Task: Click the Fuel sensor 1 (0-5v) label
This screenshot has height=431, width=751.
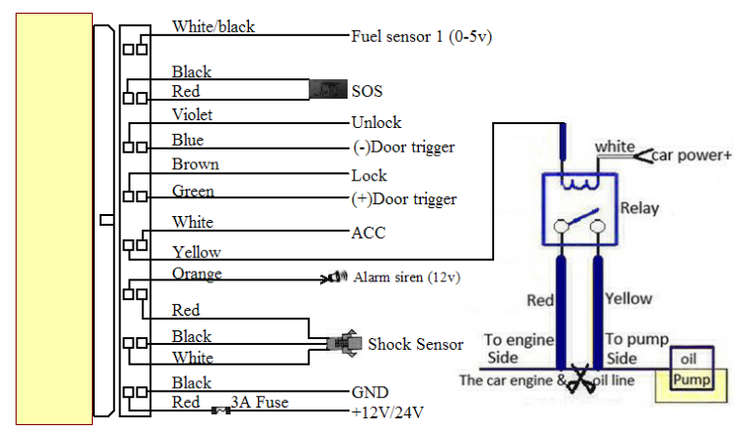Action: click(x=422, y=37)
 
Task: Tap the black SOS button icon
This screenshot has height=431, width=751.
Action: click(x=328, y=90)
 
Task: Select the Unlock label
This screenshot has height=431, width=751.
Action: click(x=376, y=123)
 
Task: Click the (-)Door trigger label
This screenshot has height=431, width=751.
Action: click(x=403, y=148)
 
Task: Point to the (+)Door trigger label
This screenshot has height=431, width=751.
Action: click(x=403, y=198)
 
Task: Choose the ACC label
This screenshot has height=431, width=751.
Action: click(x=368, y=233)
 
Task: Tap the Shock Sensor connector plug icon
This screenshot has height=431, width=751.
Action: click(x=343, y=343)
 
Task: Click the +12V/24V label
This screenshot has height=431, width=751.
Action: click(x=388, y=411)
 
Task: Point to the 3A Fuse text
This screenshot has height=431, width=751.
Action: click(x=259, y=402)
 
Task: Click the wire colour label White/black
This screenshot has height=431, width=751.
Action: click(x=213, y=26)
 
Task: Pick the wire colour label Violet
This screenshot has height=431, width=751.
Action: click(x=192, y=114)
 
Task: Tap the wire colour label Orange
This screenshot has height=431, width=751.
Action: click(x=196, y=274)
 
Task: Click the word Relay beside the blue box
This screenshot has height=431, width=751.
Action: click(x=640, y=208)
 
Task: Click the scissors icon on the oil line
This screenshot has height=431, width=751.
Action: click(x=583, y=379)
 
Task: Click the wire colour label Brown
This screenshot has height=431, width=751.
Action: click(x=195, y=164)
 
